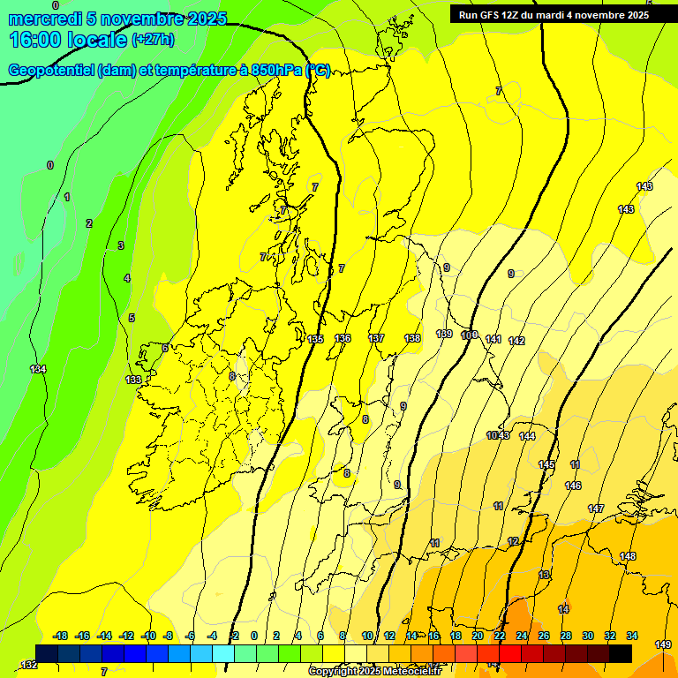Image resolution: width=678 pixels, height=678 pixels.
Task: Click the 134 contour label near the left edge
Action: [37, 369]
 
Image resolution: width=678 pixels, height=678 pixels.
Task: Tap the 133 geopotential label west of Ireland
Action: [133, 380]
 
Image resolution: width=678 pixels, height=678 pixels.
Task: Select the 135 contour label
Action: [316, 339]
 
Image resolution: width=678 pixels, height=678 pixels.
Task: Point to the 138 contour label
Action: [412, 338]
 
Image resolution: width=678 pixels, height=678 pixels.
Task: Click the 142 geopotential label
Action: [516, 341]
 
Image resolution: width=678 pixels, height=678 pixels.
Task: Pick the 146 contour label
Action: [573, 486]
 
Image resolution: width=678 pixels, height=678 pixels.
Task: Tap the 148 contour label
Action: [628, 556]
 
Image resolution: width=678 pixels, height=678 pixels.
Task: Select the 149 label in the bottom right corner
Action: [663, 645]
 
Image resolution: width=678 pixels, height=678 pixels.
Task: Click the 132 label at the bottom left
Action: [29, 664]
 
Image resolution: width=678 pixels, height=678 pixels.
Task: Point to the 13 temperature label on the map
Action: [544, 575]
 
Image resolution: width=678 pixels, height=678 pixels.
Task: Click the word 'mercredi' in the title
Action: [44, 19]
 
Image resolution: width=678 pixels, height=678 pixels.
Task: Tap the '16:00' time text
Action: [34, 40]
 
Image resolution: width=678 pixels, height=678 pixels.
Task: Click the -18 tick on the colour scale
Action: [61, 636]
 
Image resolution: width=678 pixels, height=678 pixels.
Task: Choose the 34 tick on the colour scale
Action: [631, 636]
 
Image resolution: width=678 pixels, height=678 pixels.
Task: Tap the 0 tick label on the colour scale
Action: [254, 636]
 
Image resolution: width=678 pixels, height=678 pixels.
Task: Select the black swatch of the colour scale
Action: [621, 653]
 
